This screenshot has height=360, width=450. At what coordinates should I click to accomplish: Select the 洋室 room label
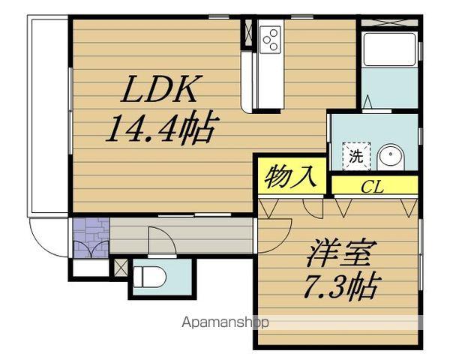coord(337,255)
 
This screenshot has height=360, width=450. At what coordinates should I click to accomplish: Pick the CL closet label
coord(372,186)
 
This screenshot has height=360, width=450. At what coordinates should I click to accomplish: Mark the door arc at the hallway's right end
coord(279,229)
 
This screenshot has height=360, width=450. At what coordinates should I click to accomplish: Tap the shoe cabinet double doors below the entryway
coord(91,251)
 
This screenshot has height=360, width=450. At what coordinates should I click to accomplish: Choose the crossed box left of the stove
coord(248,31)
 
